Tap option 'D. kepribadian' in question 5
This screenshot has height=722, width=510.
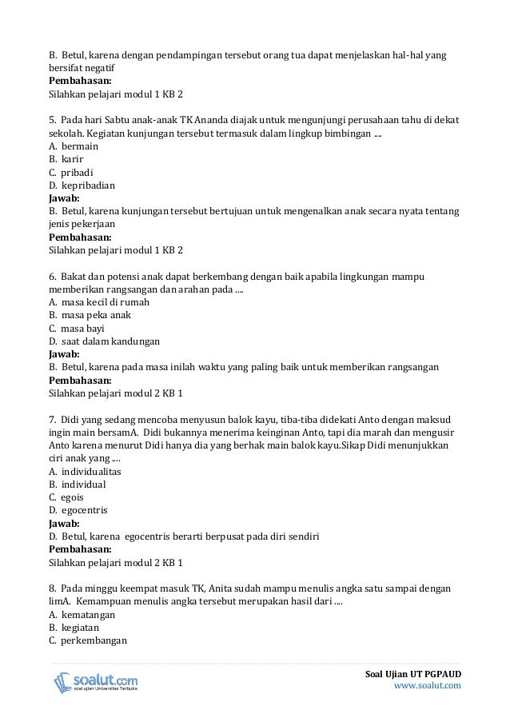click(x=82, y=185)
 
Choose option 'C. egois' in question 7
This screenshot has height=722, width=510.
click(x=66, y=497)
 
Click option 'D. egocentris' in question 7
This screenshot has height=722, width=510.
click(x=78, y=509)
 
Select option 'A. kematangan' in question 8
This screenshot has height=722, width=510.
click(x=82, y=614)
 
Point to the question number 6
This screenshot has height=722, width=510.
click(x=52, y=276)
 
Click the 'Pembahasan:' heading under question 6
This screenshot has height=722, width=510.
click(x=80, y=380)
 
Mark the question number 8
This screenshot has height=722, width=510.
click(x=52, y=588)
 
